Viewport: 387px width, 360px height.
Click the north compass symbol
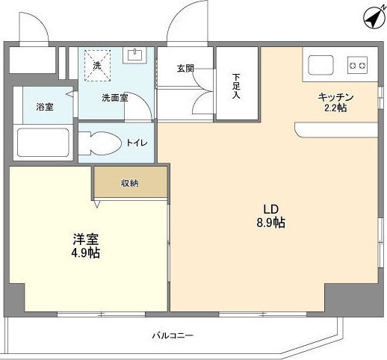(373, 19)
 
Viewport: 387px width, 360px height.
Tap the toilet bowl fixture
(99, 143)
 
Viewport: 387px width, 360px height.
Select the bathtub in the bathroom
(43, 143)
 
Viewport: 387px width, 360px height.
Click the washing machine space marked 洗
(97, 66)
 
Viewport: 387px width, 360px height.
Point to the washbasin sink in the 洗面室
(134, 55)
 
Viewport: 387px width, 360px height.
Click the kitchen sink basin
(321, 65)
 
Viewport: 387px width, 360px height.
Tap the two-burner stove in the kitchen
(357, 65)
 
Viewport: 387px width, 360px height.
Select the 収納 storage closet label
(130, 183)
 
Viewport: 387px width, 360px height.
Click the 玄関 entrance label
(185, 69)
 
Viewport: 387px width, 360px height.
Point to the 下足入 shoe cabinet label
(236, 86)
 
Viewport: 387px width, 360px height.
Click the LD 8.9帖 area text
(271, 216)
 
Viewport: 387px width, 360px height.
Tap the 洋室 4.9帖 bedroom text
(86, 246)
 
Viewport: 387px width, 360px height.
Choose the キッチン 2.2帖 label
(335, 102)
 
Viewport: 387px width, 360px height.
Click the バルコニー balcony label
(173, 335)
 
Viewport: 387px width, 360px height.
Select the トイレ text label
(137, 143)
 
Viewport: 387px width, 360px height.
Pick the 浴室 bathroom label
(45, 107)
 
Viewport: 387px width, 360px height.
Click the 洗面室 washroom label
(115, 98)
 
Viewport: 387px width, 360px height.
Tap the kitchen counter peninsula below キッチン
(336, 130)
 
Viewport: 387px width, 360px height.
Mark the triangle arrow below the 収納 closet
(97, 203)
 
